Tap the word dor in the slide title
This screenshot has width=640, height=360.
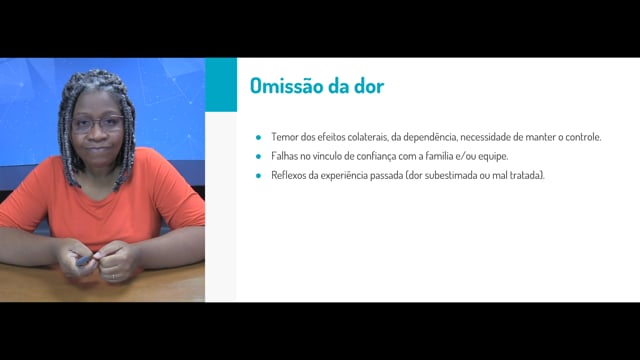371,86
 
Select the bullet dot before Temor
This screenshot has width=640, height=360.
258,138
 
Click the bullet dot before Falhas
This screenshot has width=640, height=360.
258,156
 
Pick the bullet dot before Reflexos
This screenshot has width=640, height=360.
258,176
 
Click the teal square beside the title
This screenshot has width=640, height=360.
221,84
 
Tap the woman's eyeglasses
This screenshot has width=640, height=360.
97,123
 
